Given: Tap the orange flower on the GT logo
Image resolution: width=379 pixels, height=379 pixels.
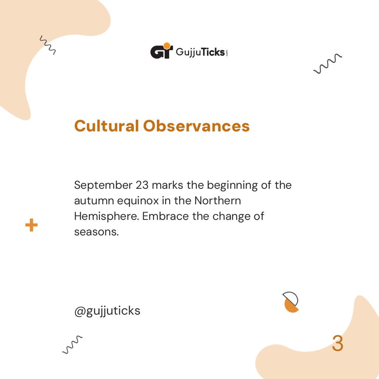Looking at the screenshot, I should click(167, 46).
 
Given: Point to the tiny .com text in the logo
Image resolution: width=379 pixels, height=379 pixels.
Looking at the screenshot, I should click(227, 53).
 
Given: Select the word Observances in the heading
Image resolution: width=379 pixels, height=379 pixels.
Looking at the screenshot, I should click(197, 126).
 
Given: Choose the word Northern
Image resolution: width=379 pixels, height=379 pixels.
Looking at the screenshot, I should click(218, 200).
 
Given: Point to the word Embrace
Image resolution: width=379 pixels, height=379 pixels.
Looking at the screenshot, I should click(165, 216).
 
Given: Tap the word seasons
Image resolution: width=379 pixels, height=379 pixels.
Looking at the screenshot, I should click(96, 232).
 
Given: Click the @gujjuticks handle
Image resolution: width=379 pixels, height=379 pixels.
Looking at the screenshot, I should click(107, 311).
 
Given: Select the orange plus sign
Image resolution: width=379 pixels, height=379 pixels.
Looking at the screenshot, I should click(31, 225).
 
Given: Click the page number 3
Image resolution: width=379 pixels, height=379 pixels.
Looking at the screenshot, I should click(337, 344).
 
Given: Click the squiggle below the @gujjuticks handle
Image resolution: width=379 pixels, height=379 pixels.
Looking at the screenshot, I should click(72, 345).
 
